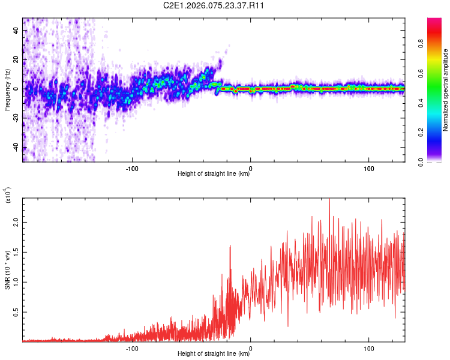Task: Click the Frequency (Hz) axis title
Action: tap(7, 90)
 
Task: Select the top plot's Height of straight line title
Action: tap(214, 174)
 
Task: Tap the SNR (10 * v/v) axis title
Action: tap(8, 270)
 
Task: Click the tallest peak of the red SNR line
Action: tap(329, 199)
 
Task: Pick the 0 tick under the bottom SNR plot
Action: tap(250, 347)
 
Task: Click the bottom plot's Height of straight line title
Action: tap(214, 354)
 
